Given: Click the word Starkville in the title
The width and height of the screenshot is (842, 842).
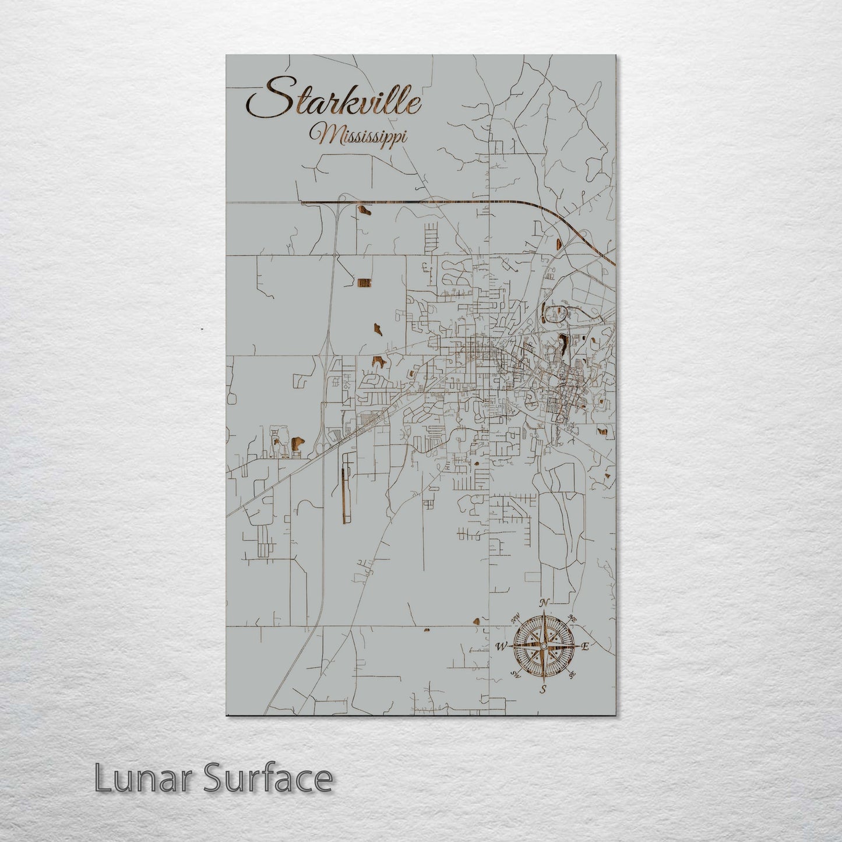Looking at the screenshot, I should point(334,102).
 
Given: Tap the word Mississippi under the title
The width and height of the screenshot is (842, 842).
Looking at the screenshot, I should point(359,135).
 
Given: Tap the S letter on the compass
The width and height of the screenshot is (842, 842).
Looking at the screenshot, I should point(543,690).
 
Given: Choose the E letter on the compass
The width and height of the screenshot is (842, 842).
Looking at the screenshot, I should point(586,646).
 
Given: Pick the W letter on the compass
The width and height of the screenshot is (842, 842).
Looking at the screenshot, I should point(501,646).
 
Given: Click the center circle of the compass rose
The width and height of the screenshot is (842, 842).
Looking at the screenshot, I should point(543,646).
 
